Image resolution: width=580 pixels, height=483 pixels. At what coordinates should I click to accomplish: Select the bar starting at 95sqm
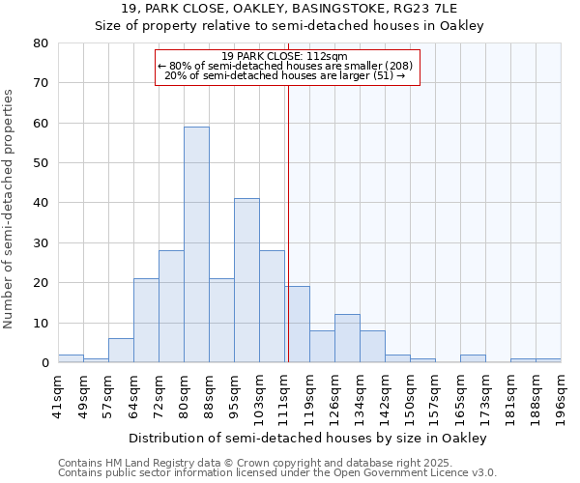pyautogui.click(x=246, y=280)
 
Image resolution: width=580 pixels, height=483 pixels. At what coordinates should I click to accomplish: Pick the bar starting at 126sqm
pyautogui.click(x=347, y=338)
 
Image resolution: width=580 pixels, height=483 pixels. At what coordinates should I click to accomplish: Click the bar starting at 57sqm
pyautogui.click(x=121, y=351)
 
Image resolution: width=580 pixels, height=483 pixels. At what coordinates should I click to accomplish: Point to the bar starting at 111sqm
pyautogui.click(x=297, y=325)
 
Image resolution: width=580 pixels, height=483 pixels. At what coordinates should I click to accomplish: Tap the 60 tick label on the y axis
pyautogui.click(x=41, y=124)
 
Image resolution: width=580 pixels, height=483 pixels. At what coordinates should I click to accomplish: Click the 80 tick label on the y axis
pyautogui.click(x=41, y=43)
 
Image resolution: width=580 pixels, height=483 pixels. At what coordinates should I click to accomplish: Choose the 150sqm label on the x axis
pyautogui.click(x=410, y=390)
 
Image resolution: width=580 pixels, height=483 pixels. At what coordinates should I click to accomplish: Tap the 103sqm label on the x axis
pyautogui.click(x=259, y=390)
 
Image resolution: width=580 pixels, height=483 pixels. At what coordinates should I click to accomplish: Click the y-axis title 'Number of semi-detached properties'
pyautogui.click(x=11, y=209)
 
